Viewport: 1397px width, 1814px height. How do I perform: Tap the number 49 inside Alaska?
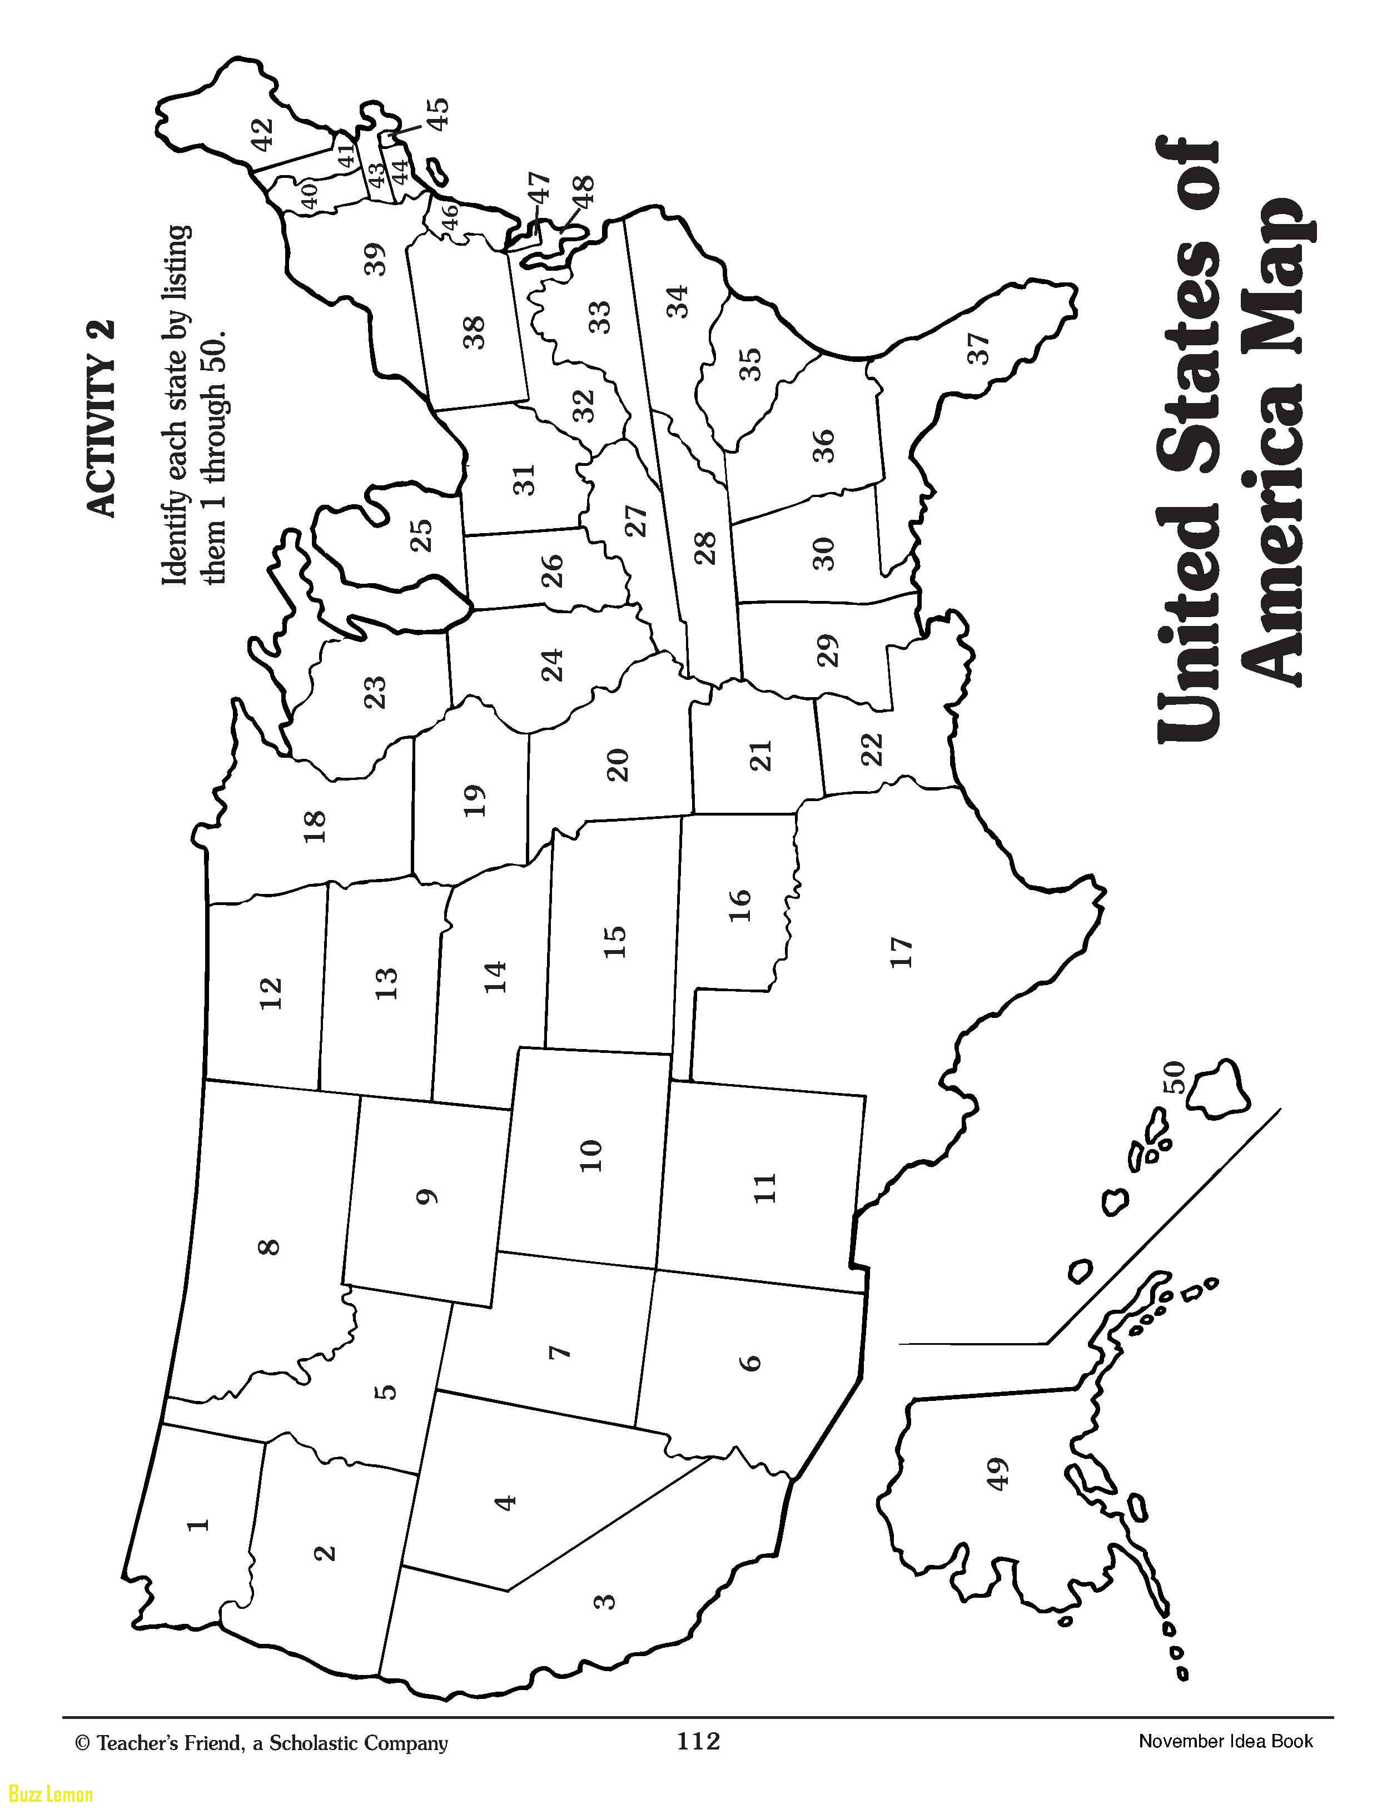pos(997,1474)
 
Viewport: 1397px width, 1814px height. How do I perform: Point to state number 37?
pos(980,348)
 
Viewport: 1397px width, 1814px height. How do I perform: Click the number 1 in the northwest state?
pos(198,1524)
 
